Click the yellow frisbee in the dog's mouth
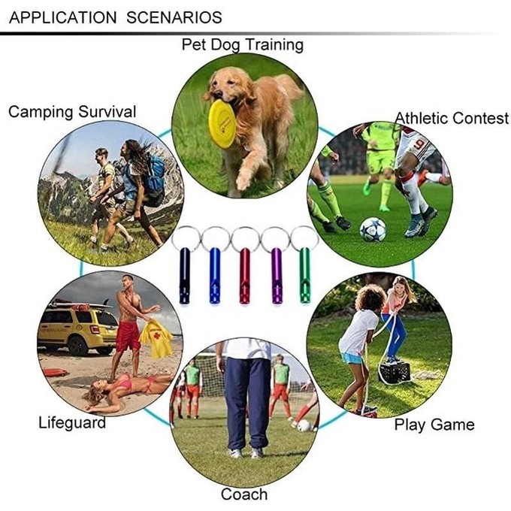point(222,124)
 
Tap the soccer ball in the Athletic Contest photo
point(373,229)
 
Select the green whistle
point(305,275)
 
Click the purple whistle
point(277,276)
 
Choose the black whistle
point(184,276)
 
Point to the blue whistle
point(215,276)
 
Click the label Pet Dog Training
point(243,45)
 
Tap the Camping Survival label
point(72,112)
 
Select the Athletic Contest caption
point(452,118)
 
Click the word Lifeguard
point(72,422)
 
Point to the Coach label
point(244,494)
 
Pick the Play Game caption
point(434,425)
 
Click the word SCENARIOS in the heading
point(174,17)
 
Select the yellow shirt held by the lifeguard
point(156,337)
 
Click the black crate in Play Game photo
point(395,373)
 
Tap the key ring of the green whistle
point(304,238)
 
